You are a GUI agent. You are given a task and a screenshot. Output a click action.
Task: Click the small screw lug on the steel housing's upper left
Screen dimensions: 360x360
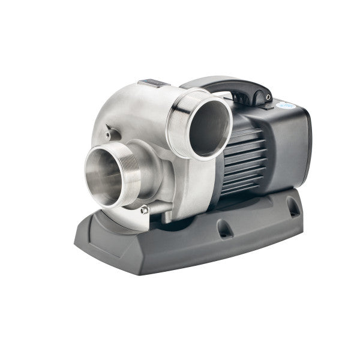(x=108, y=129)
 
